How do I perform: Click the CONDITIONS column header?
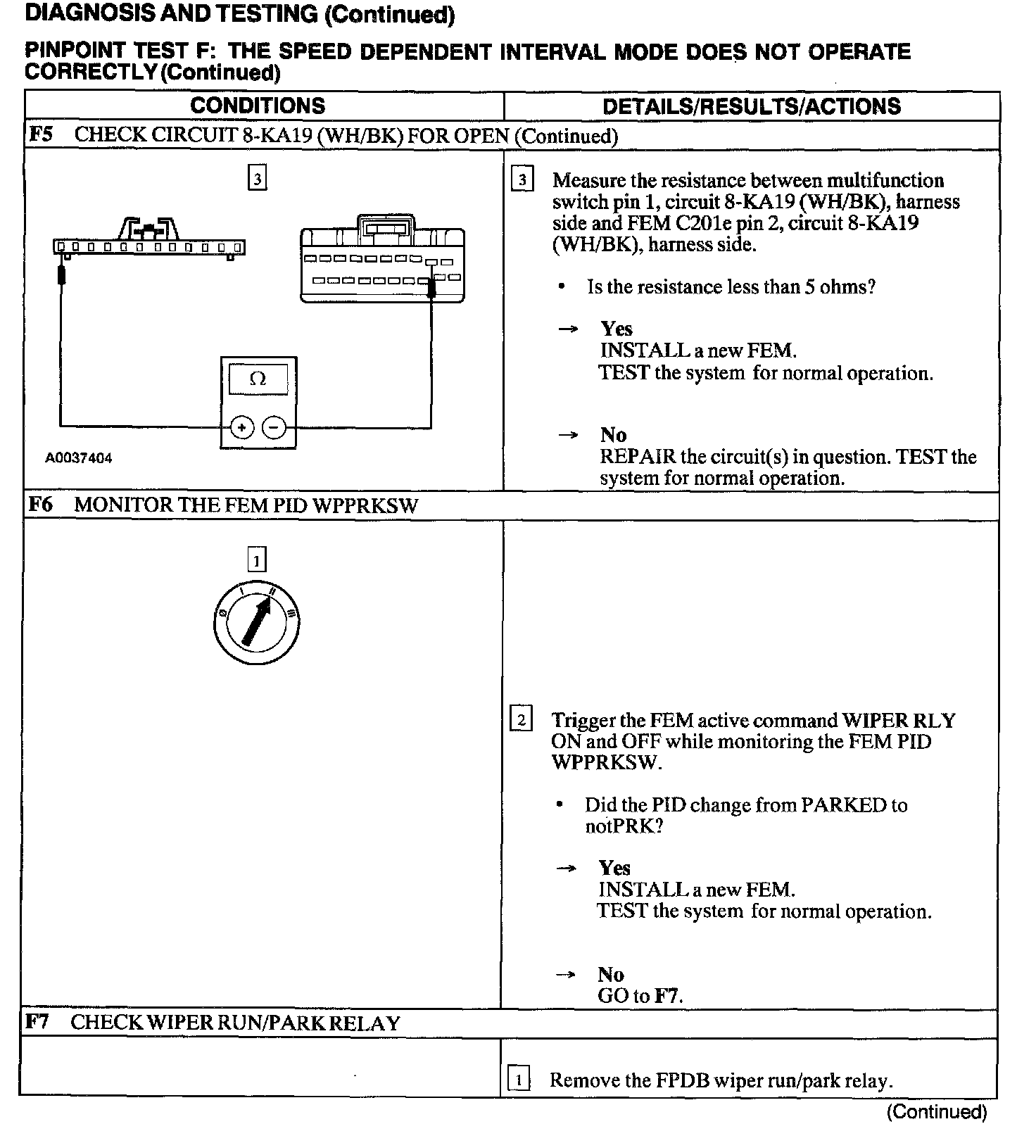tap(258, 106)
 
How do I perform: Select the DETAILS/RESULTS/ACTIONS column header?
tap(751, 106)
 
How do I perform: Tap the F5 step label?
tap(40, 134)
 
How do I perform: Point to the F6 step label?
tap(40, 505)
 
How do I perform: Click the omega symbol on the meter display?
tap(258, 379)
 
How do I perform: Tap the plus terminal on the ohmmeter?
tap(241, 427)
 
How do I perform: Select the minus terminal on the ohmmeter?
tap(274, 427)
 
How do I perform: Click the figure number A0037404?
tap(79, 458)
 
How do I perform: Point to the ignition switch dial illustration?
tap(257, 621)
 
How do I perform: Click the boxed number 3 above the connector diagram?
tap(258, 179)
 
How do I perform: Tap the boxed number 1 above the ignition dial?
tap(257, 560)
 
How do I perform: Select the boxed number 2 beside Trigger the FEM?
tap(521, 719)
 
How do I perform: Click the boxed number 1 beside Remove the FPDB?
tap(519, 1079)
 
